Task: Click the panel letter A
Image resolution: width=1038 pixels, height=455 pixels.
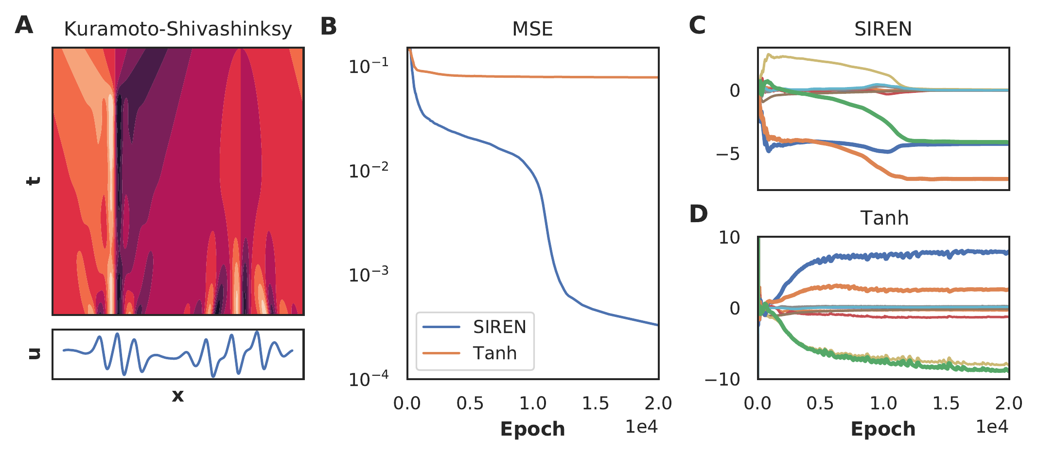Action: (x=24, y=25)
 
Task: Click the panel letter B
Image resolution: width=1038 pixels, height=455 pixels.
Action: (x=329, y=26)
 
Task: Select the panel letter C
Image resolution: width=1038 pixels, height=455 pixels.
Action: (x=697, y=25)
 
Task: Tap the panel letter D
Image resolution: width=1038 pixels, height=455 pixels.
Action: (x=698, y=214)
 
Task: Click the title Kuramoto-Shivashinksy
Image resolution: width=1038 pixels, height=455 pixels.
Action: (x=178, y=29)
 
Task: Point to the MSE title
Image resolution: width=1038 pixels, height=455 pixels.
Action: (x=532, y=29)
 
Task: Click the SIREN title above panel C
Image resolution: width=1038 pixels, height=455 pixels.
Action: (x=883, y=29)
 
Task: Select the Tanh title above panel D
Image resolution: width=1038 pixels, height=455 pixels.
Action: (x=884, y=218)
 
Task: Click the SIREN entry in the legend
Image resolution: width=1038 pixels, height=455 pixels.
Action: (x=499, y=327)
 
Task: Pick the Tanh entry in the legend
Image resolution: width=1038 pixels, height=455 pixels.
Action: (x=494, y=353)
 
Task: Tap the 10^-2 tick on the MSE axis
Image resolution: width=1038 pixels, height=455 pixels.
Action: (x=369, y=171)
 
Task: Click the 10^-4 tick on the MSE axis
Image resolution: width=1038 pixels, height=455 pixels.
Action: (x=369, y=379)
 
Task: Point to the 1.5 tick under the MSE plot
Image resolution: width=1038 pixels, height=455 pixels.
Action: (x=595, y=403)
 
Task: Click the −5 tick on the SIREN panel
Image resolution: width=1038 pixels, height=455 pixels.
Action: (x=728, y=155)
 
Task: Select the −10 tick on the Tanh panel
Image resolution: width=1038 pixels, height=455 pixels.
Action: (x=722, y=379)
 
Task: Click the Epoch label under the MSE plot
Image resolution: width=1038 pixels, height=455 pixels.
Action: (x=532, y=429)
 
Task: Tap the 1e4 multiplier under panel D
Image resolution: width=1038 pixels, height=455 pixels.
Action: (x=992, y=427)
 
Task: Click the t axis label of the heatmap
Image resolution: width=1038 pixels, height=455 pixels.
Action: (x=33, y=181)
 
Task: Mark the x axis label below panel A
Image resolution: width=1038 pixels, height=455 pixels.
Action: (x=178, y=396)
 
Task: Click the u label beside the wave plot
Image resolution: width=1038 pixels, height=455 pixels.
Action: (x=34, y=353)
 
